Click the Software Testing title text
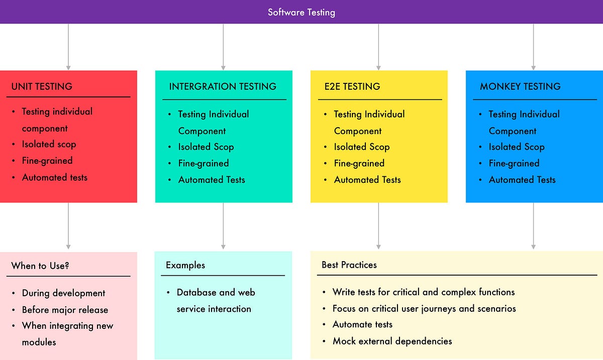point(301,12)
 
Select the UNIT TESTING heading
point(42,86)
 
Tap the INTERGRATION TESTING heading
point(223,86)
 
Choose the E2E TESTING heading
point(352,86)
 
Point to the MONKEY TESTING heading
point(520,86)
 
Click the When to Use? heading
point(40,266)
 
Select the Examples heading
point(185,265)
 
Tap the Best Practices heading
point(349,265)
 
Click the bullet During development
point(63,293)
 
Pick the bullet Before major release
point(65,310)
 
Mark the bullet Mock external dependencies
point(392,341)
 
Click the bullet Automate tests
point(362,324)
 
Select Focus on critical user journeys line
point(424,308)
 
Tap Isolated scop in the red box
point(49,144)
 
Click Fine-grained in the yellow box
point(359,163)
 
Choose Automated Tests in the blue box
point(522,180)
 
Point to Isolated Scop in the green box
point(206,147)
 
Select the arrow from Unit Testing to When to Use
point(68,226)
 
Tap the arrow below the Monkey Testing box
point(533,226)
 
